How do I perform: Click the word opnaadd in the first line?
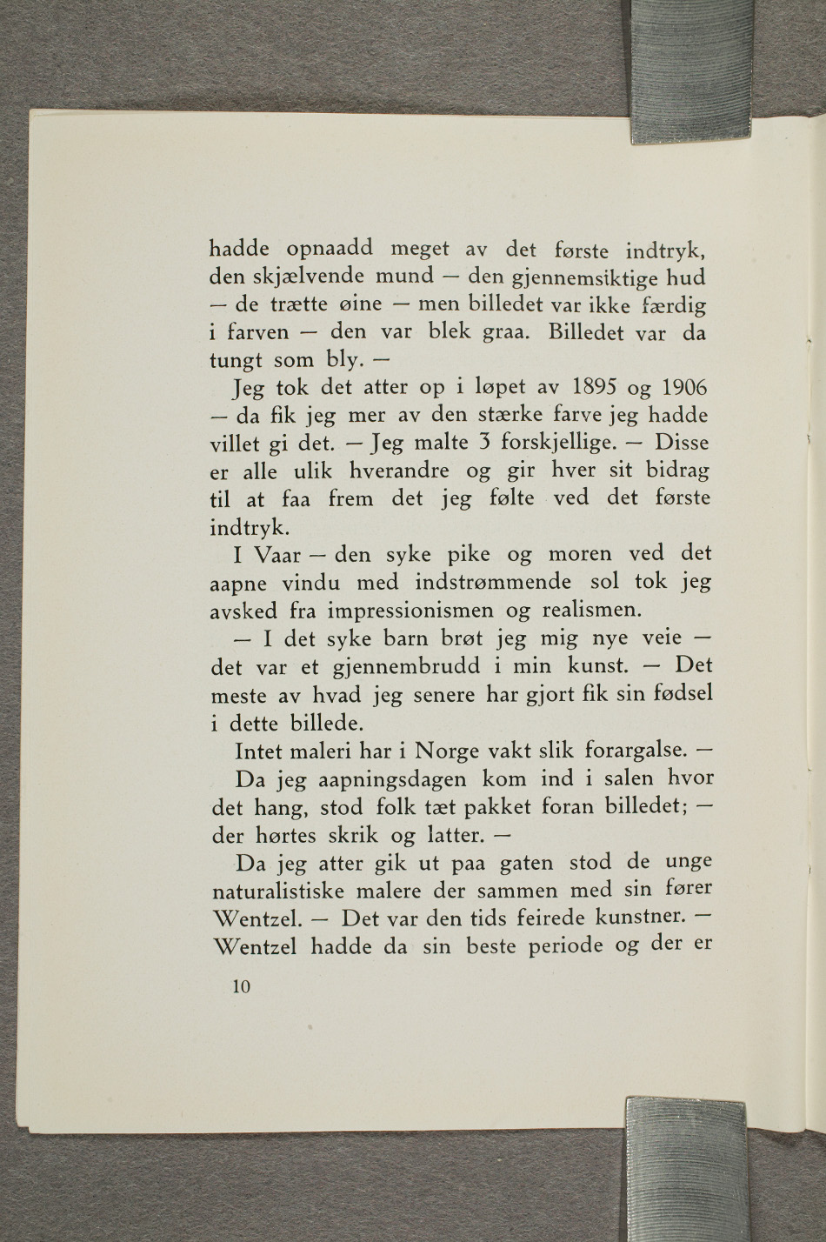[329, 250]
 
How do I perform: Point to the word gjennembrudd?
[406, 667]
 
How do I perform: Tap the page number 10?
[241, 986]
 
